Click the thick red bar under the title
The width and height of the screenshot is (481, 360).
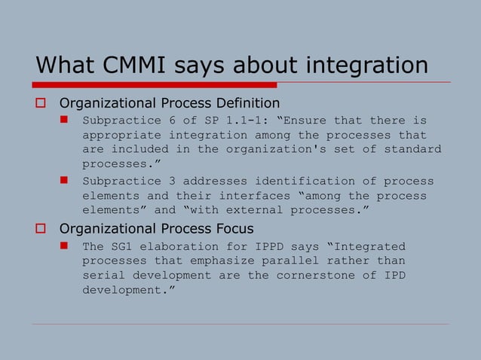point(155,84)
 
